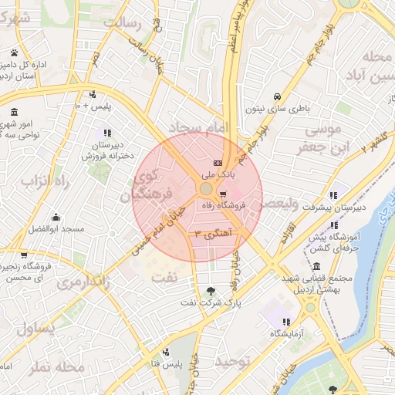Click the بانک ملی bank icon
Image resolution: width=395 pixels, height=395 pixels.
click(218, 163)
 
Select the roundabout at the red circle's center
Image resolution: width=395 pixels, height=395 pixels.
click(206, 189)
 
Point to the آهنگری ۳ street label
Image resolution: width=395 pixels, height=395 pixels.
click(212, 232)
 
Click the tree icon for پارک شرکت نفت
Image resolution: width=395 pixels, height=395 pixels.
click(211, 291)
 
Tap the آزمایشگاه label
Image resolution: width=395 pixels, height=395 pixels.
click(285, 333)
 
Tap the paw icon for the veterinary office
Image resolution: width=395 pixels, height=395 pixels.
click(14, 52)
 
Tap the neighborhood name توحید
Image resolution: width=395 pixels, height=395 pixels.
click(233, 362)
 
